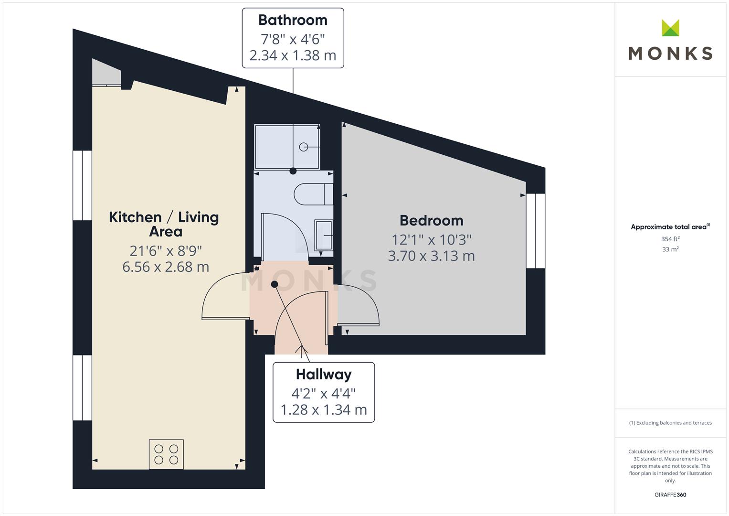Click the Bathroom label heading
(293, 20)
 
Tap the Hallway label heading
(324, 375)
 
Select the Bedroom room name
(431, 221)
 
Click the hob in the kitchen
(166, 454)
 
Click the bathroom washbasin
(324, 235)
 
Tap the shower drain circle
(303, 147)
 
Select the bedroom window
(536, 231)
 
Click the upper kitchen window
(82, 185)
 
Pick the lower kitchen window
(82, 387)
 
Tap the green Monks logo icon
(670, 28)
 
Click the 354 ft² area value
(670, 239)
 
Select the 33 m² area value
(670, 249)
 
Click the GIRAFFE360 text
(670, 494)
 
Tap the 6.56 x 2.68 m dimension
(166, 267)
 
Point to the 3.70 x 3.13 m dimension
(431, 256)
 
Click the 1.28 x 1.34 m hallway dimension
(324, 410)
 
